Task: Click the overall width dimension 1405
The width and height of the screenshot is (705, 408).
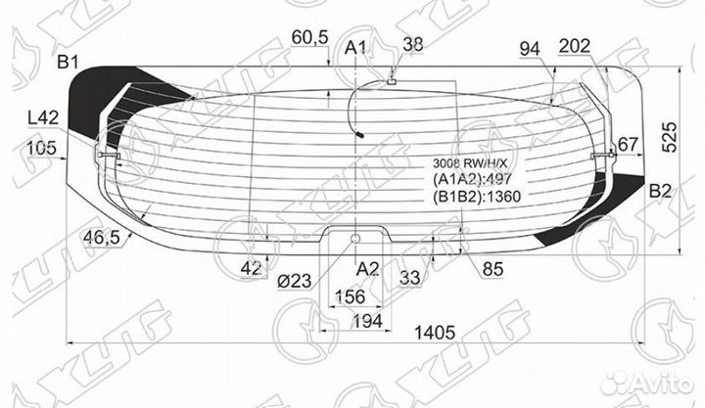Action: click(435, 333)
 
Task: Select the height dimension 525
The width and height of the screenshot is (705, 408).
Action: click(670, 137)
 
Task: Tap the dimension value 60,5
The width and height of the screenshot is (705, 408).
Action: click(309, 37)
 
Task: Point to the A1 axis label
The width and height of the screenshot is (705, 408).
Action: click(355, 47)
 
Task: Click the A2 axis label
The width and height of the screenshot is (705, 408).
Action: click(368, 269)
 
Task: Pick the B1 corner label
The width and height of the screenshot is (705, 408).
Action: click(68, 62)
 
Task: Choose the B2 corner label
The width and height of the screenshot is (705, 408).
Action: click(660, 192)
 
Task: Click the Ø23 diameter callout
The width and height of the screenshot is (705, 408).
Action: click(295, 281)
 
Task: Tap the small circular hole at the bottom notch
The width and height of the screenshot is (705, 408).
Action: click(355, 238)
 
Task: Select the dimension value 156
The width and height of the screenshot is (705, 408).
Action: click(350, 296)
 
